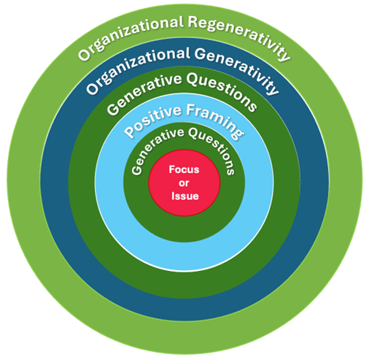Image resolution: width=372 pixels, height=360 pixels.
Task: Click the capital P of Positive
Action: tap(129, 134)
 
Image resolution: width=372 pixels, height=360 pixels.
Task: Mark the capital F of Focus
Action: tap(172, 169)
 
